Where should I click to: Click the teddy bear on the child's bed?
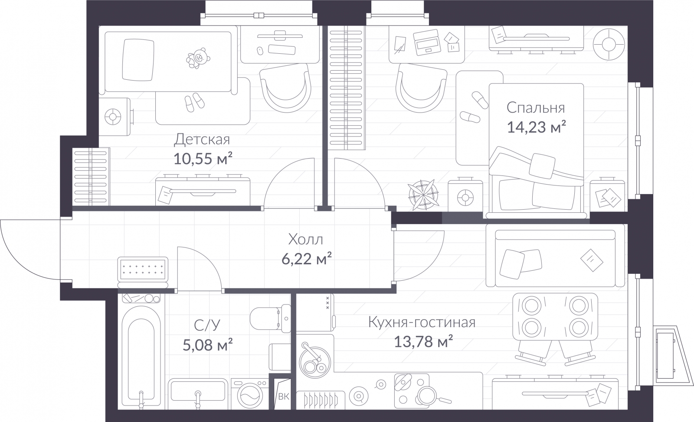click(x=198, y=58)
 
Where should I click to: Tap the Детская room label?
click(x=202, y=140)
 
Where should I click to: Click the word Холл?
click(x=305, y=240)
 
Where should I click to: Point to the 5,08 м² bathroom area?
click(x=207, y=344)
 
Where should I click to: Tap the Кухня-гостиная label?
click(x=422, y=322)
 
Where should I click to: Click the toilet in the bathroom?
click(x=270, y=318)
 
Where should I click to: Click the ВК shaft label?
click(x=284, y=396)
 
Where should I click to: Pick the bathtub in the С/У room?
click(x=141, y=356)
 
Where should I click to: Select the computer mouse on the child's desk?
click(x=260, y=50)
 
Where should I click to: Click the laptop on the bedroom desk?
click(x=427, y=42)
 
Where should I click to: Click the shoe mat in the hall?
click(x=143, y=269)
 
